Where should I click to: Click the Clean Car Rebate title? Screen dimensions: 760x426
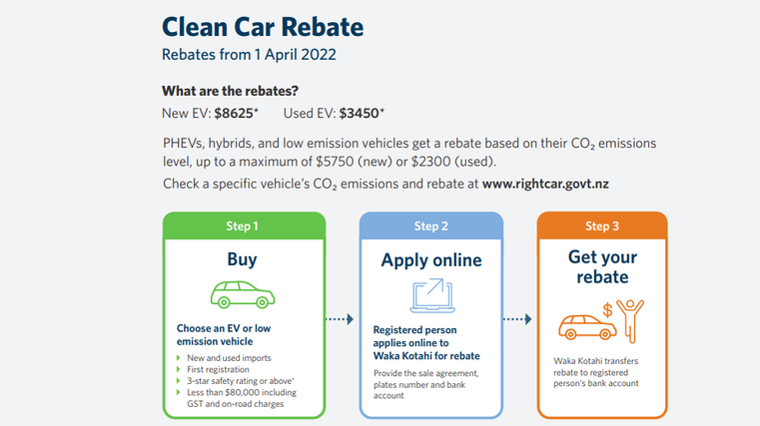pos(263,27)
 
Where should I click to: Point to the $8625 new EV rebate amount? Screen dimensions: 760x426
pos(234,114)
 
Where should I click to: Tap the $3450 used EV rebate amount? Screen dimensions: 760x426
pos(359,114)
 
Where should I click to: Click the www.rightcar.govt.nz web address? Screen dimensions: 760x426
pos(545,184)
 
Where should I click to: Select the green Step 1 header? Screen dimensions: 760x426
pos(244,225)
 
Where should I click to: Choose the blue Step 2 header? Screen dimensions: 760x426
pos(431,225)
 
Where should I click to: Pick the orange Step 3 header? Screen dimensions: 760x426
pos(602,225)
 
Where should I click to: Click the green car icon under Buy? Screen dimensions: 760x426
pos(243,294)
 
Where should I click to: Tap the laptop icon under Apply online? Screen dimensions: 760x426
pos(432,295)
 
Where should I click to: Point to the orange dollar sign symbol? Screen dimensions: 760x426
pos(607,310)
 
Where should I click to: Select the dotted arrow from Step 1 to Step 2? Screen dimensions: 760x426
pos(340,319)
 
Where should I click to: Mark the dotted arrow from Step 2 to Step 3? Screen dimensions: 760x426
pos(517,319)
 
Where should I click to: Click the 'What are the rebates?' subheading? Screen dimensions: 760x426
pos(231,91)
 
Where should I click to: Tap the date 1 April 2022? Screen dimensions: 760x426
pos(296,55)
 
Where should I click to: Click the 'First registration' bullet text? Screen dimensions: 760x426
pos(218,369)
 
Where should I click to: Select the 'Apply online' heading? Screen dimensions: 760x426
pos(431,260)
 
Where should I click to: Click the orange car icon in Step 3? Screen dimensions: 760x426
pos(587,327)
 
